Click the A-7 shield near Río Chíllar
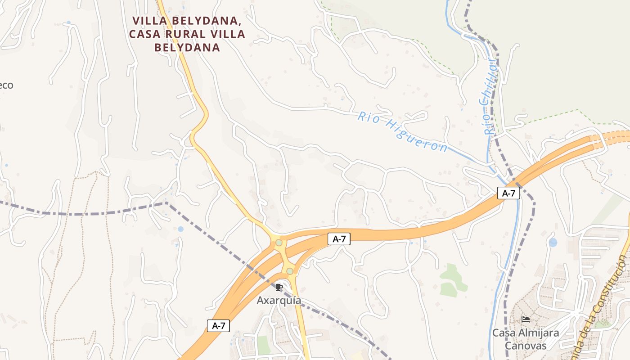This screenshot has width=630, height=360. tap(508, 193)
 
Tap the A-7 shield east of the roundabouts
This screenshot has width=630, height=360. tap(339, 239)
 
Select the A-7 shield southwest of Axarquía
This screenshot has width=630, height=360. tap(218, 326)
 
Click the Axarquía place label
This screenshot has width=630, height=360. tap(279, 300)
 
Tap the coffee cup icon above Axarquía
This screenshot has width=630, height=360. tap(279, 287)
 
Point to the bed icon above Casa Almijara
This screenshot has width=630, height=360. tap(525, 319)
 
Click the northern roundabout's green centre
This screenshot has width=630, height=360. tap(279, 243)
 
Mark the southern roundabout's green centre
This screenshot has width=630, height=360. tap(290, 271)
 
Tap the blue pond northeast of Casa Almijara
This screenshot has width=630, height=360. tap(553, 243)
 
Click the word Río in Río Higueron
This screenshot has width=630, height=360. tap(367, 117)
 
